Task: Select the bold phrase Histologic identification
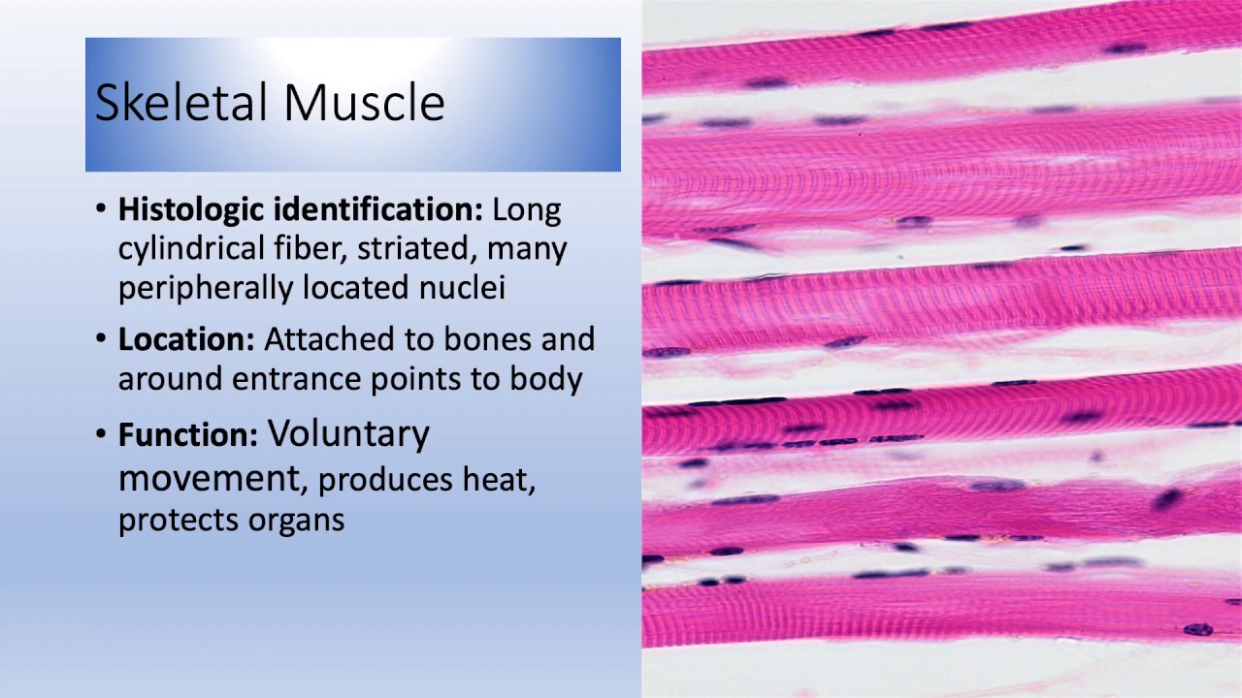[300, 209]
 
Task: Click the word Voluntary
[348, 435]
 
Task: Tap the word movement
[207, 479]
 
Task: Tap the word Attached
[322, 340]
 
